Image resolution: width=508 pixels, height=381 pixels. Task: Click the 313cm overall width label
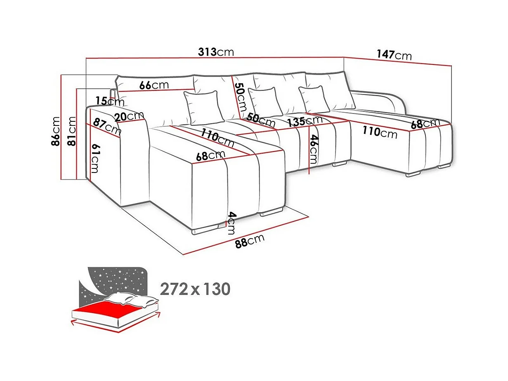[x=216, y=52]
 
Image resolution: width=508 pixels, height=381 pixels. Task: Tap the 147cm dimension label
[x=394, y=55]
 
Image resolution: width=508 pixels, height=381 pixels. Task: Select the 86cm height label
[x=56, y=131]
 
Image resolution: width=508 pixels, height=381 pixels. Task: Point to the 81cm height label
[x=72, y=131]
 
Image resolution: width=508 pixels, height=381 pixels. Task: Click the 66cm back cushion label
[x=154, y=85]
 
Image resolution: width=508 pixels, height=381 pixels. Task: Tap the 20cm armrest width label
[x=129, y=116]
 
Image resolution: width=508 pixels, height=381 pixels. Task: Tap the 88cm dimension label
[x=249, y=241]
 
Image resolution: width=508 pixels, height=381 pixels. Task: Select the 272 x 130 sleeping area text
[x=195, y=289]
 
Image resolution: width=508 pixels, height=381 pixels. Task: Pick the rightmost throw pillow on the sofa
[x=315, y=99]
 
